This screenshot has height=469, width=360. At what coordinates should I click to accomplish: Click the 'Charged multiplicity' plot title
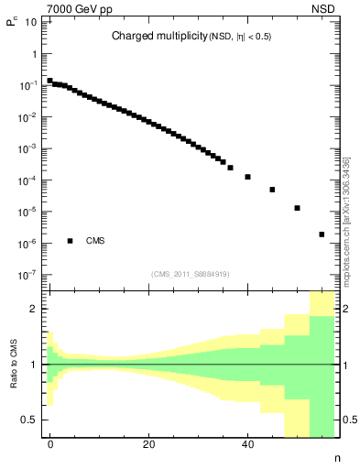(191, 37)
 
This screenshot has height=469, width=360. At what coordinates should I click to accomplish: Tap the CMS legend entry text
(94, 241)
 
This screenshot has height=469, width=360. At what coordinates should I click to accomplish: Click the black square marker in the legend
(71, 241)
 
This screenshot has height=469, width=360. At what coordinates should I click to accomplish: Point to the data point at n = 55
(322, 234)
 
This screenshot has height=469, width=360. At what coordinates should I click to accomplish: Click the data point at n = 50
(297, 208)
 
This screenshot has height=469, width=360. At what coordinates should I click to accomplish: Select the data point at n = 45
(272, 190)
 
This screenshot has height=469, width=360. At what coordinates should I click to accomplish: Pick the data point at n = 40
(247, 177)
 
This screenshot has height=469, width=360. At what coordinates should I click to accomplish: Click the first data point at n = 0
(50, 81)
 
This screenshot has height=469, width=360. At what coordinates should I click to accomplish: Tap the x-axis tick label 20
(148, 445)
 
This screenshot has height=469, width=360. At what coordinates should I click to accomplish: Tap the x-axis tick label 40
(247, 445)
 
